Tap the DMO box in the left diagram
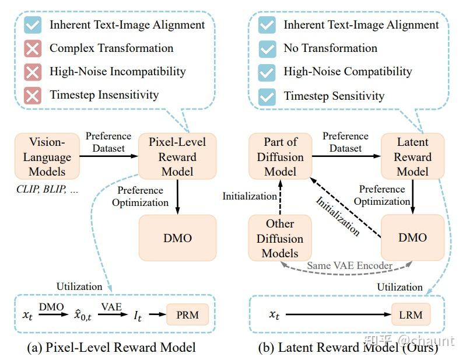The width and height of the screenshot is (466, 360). click(x=177, y=237)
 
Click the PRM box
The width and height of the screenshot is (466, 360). click(x=187, y=316)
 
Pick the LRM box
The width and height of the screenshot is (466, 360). click(x=411, y=316)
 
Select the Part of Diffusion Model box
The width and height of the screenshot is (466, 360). click(x=281, y=156)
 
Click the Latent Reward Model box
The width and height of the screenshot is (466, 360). click(x=413, y=156)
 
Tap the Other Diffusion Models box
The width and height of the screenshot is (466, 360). click(x=281, y=238)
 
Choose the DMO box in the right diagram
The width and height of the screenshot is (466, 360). click(x=413, y=237)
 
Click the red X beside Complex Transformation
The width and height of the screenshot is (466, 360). click(x=33, y=48)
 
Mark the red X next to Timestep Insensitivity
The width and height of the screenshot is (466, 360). click(x=33, y=95)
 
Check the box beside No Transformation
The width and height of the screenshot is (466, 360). click(x=267, y=48)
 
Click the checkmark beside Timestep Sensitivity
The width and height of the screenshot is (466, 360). click(x=267, y=96)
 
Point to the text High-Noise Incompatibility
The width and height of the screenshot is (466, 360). click(x=117, y=72)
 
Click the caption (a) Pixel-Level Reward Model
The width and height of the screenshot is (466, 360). click(x=111, y=348)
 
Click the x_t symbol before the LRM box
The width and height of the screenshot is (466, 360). click(x=274, y=316)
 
